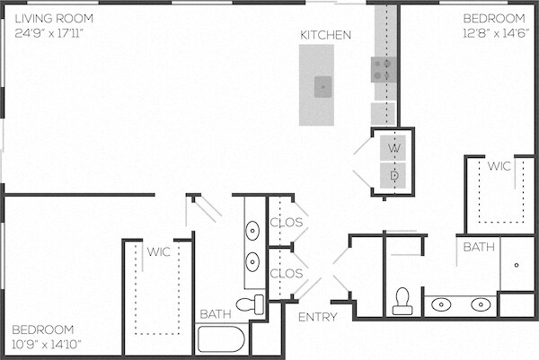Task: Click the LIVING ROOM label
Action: [54, 18]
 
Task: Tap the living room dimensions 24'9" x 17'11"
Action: [49, 33]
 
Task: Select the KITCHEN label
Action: [325, 35]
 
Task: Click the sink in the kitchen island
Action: [323, 87]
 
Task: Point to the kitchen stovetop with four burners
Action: [383, 70]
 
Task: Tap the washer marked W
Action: [393, 148]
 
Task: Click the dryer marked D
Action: [393, 176]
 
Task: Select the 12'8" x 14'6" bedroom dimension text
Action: [496, 33]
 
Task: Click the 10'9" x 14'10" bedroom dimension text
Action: [47, 344]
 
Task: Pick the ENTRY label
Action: [318, 317]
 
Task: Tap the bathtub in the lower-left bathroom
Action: [221, 339]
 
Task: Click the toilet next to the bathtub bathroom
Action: [250, 304]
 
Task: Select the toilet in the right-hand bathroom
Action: [402, 302]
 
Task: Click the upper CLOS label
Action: [287, 223]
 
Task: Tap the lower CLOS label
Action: [287, 274]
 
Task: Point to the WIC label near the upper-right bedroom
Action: [499, 166]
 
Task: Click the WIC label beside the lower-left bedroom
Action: [158, 251]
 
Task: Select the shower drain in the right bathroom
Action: [517, 265]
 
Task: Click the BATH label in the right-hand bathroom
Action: [479, 247]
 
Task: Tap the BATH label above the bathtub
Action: [216, 314]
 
